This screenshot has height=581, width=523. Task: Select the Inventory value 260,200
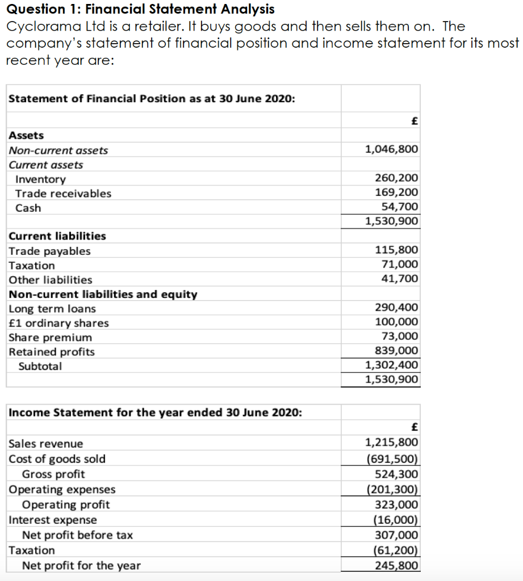point(397,179)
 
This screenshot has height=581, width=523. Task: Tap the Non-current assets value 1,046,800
point(391,149)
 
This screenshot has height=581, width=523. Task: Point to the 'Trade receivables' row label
point(63,193)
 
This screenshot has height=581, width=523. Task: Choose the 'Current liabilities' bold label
point(57,236)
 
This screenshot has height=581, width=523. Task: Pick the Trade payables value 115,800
point(397,250)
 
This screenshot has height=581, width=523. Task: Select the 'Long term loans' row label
point(52,309)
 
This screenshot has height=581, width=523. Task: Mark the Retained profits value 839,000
point(397,351)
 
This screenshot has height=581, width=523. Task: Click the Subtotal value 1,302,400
point(391,365)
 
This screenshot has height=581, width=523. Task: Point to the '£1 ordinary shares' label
point(58,323)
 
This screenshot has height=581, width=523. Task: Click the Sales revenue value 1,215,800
point(391,443)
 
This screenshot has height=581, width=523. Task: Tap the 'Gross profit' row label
point(53,474)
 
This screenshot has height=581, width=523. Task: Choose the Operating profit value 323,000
point(397,504)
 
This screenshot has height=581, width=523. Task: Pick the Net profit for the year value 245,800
point(397,565)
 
